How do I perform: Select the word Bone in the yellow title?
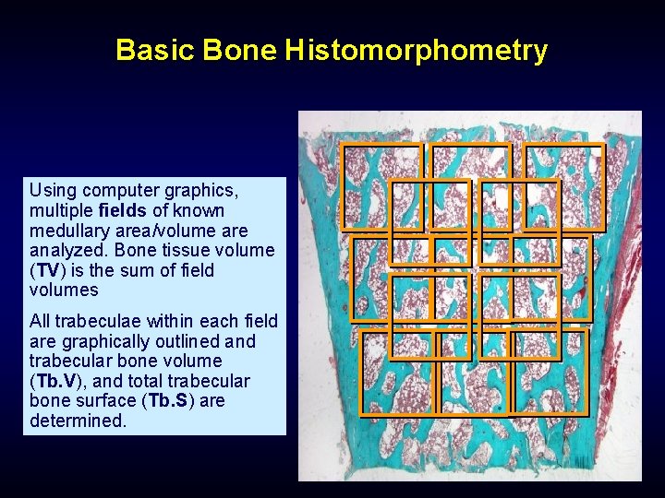(x=240, y=51)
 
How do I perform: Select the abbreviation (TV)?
(x=48, y=271)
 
